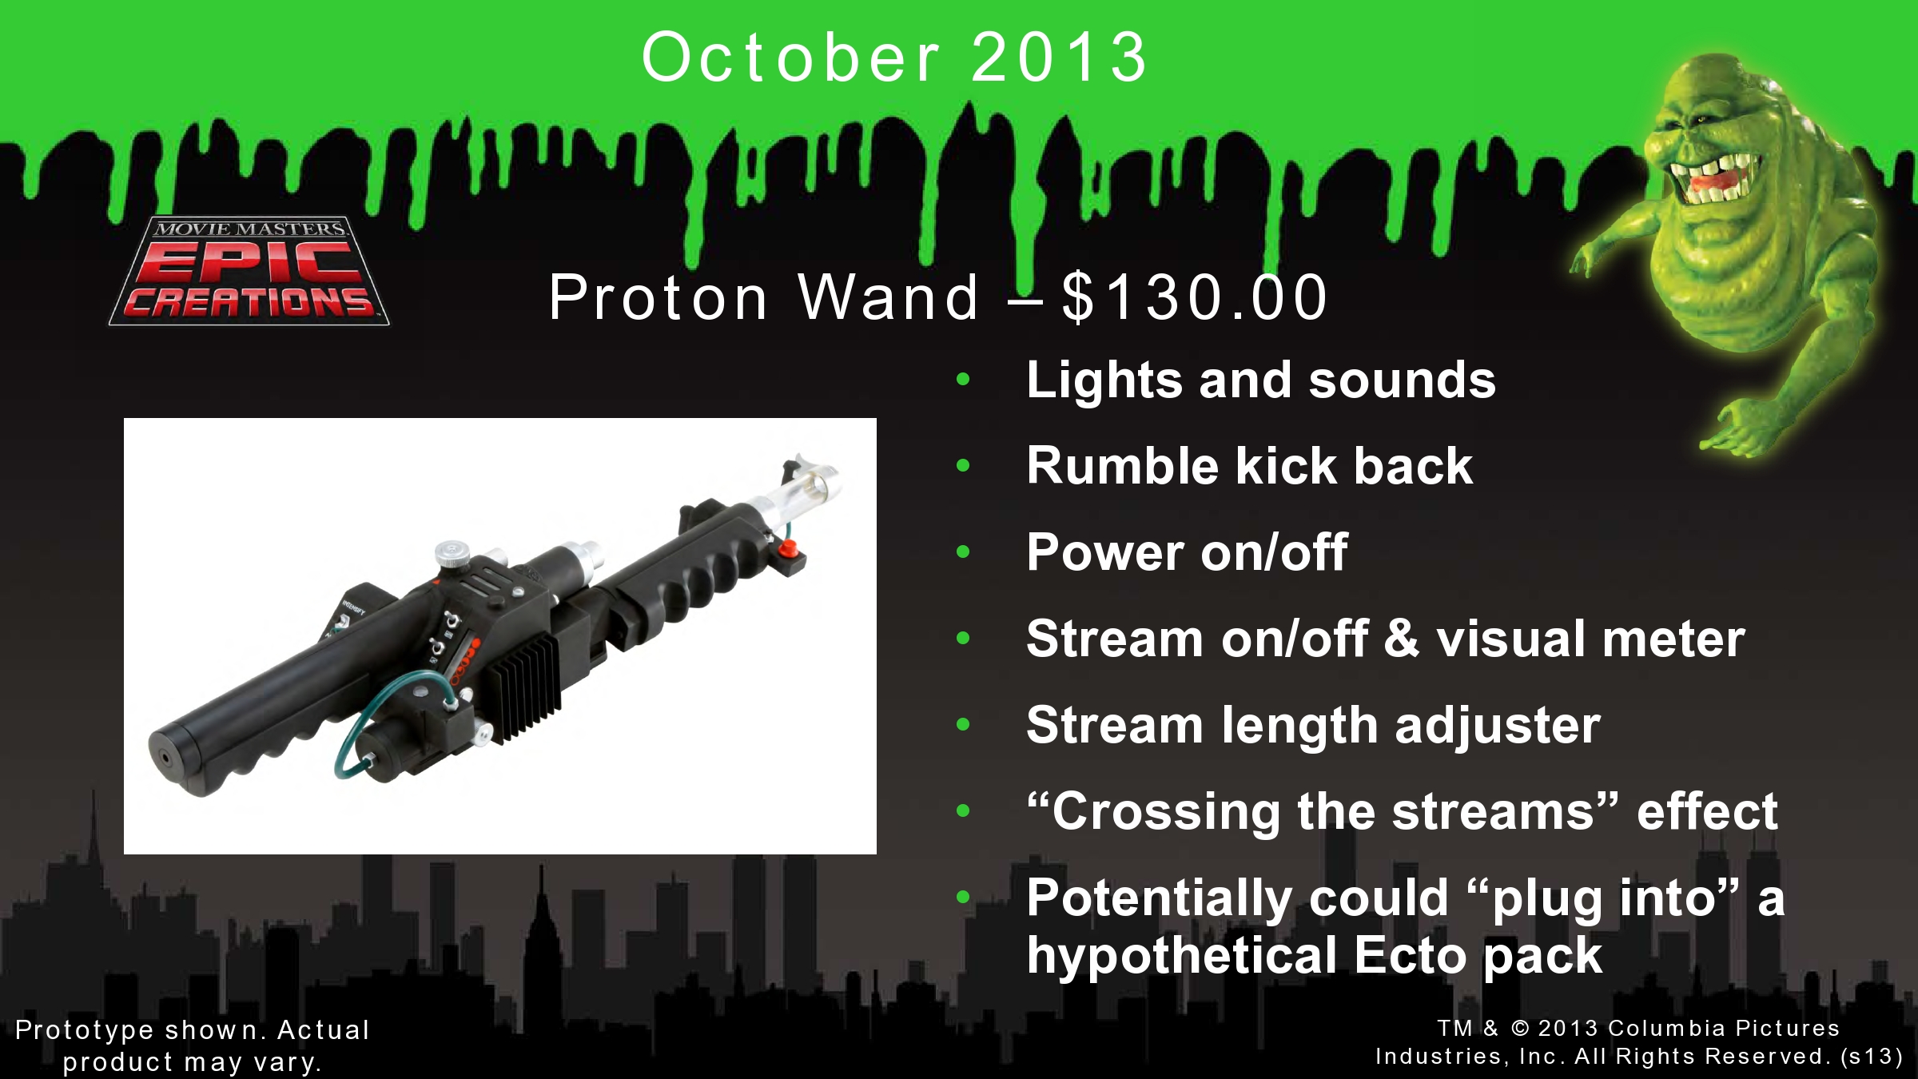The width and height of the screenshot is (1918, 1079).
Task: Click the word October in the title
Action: click(791, 58)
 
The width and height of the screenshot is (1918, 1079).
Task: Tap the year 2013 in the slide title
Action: click(1060, 58)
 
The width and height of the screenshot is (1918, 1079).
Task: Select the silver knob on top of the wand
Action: click(453, 553)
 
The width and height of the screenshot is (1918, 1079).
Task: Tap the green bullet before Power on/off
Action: click(963, 551)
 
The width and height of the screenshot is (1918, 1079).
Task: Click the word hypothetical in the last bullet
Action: click(1182, 956)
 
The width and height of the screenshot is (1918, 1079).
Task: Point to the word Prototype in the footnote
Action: click(84, 1030)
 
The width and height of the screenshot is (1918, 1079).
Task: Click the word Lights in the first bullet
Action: click(1104, 380)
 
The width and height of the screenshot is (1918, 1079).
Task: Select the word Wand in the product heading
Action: click(889, 297)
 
